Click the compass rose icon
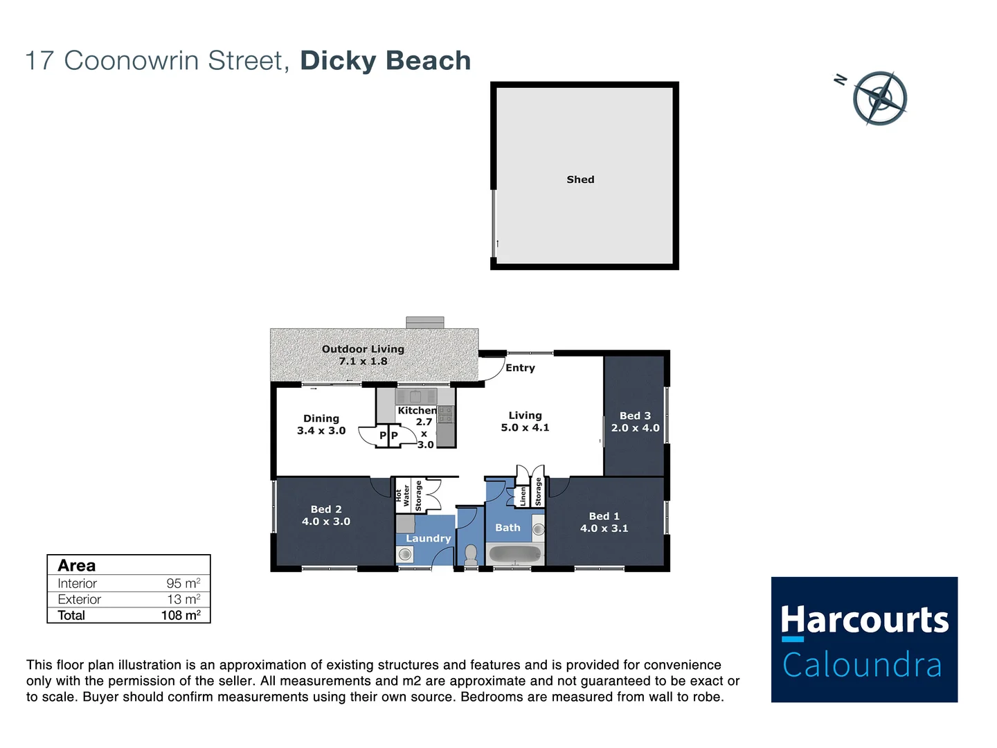879,98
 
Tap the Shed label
580,179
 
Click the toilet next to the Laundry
471,553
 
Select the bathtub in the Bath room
514,554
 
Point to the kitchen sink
415,397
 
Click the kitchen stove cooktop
446,415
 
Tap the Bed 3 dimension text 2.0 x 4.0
635,428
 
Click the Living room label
525,416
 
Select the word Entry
520,368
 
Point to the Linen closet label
523,495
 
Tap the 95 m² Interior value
183,583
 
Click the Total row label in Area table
71,615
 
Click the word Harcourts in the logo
864,620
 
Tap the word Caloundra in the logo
862,665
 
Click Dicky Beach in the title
385,61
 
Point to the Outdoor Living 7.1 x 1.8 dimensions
363,362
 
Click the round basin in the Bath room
539,530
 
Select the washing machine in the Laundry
405,554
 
